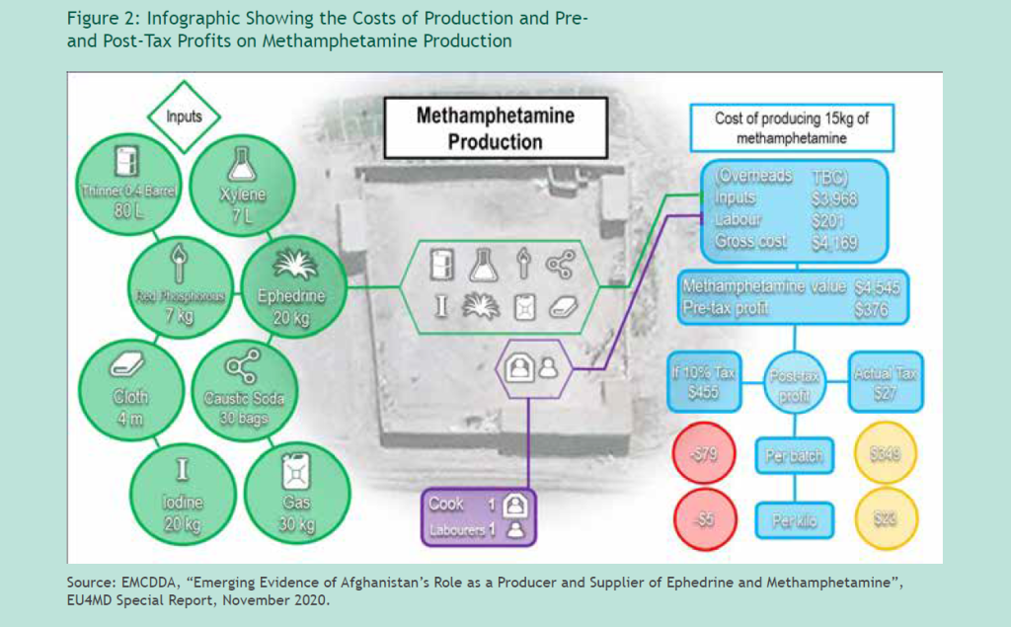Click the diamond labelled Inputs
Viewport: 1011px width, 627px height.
184,117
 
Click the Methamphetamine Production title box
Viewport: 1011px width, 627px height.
495,128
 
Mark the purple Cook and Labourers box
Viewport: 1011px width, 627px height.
479,516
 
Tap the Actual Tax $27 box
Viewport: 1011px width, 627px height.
886,382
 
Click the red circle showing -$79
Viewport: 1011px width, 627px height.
706,457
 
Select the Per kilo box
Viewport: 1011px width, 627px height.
794,520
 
